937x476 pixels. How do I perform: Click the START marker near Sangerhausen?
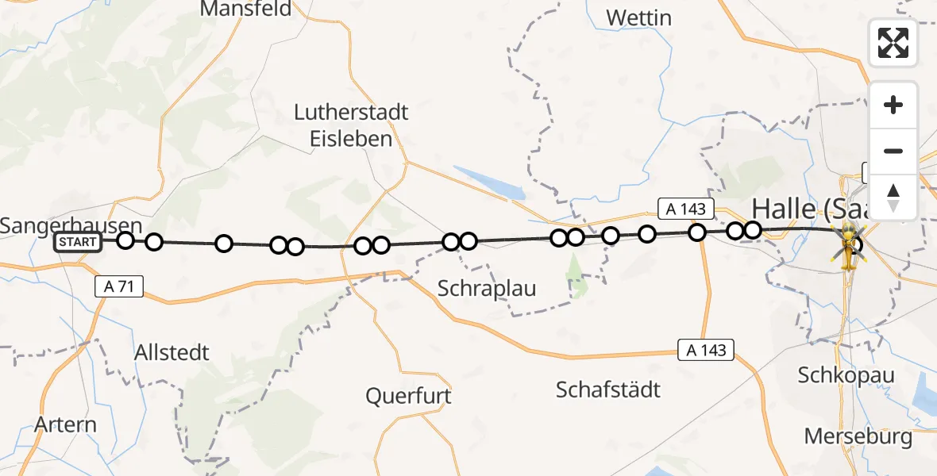click(x=78, y=242)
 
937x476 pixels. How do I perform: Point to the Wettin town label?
click(x=638, y=17)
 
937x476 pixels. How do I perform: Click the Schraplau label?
click(x=487, y=289)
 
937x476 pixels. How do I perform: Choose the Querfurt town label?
click(x=408, y=395)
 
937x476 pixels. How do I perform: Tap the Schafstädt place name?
click(x=608, y=390)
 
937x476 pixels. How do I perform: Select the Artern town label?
click(x=66, y=424)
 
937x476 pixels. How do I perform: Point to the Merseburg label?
click(x=858, y=436)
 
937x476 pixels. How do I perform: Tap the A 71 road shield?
click(x=119, y=286)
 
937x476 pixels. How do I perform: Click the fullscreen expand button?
click(x=893, y=43)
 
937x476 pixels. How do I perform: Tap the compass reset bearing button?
click(x=893, y=197)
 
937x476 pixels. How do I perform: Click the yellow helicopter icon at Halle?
click(x=847, y=243)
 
